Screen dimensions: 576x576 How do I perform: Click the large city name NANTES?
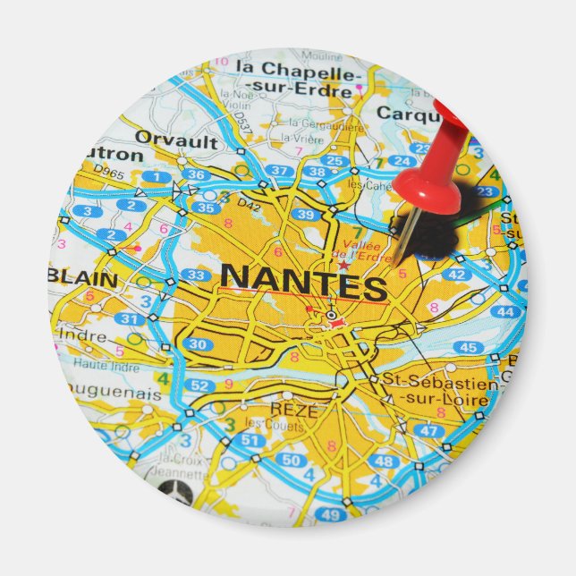coord(304,282)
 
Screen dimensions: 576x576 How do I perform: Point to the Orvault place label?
coord(176,140)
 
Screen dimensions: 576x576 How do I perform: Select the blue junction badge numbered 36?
coord(199,175)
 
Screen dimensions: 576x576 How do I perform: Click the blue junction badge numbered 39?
coord(306,215)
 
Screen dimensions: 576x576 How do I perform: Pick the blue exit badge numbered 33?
coord(194,275)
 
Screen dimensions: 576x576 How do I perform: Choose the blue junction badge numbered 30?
coord(199,343)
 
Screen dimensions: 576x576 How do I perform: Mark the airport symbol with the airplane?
coord(173,490)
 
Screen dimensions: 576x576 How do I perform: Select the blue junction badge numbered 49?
coord(330,514)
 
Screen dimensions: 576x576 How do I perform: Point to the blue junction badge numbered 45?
coord(468,347)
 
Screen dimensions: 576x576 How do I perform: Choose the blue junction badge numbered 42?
coord(456,275)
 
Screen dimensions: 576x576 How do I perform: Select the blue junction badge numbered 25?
coord(335,161)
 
